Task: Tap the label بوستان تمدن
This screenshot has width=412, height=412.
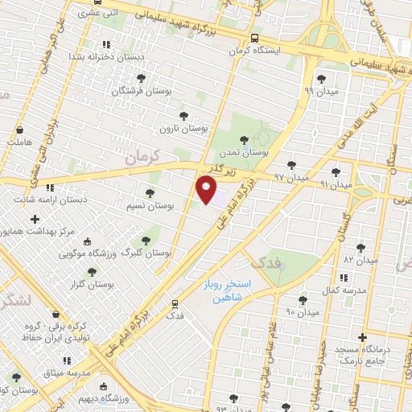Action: (x=246, y=152)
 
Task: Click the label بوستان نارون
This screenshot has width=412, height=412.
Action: (x=183, y=128)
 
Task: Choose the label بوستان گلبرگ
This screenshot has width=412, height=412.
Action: (x=146, y=253)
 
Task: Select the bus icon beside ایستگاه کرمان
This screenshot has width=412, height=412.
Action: (x=255, y=38)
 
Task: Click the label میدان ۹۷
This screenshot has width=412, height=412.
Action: (x=290, y=175)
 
